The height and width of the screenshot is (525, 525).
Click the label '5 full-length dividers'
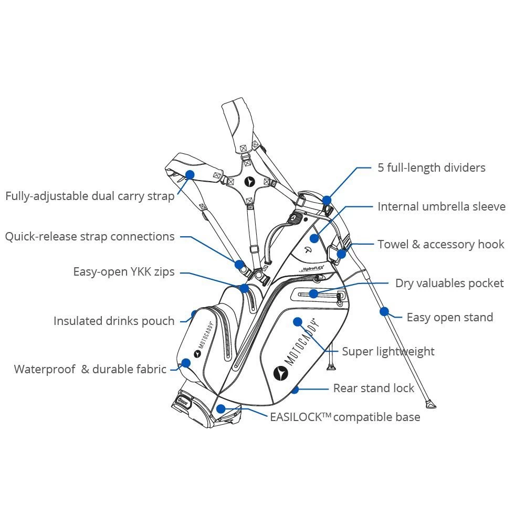point(431,168)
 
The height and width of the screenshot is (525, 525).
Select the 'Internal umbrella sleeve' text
point(441,207)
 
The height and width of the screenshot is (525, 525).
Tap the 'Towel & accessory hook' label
point(440,245)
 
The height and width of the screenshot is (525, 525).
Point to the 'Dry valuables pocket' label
point(449,283)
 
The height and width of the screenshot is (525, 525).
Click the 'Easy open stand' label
point(449,318)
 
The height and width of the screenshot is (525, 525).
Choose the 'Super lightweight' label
point(388,351)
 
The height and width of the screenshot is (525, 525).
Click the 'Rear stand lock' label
point(373,388)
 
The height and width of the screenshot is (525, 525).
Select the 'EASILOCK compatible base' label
point(345,417)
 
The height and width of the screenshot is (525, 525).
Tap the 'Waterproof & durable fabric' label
point(90,369)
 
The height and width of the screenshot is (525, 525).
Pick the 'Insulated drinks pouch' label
point(114,321)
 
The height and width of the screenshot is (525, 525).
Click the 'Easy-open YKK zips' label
point(124,272)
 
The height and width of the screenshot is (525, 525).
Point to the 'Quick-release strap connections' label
point(90,237)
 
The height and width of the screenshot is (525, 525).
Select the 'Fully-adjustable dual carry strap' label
point(90,196)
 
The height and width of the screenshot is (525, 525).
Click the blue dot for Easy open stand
point(384,312)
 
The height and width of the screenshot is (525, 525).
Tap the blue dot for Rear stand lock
point(295,390)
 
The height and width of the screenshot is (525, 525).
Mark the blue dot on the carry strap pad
point(190,174)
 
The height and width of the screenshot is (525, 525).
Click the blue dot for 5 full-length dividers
point(327,200)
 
